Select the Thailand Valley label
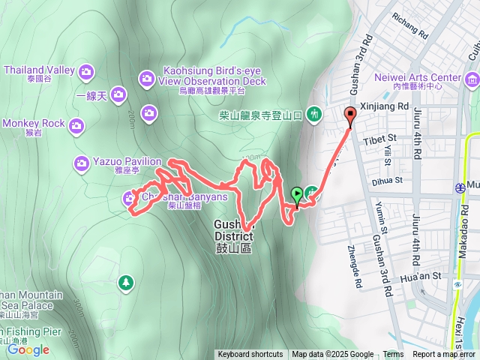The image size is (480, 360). [39, 70]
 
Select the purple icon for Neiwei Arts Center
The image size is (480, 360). [472, 79]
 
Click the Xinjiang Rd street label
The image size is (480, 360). [384, 106]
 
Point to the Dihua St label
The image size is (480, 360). [388, 180]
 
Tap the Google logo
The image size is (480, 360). [28, 349]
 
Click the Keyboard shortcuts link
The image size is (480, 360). [250, 355]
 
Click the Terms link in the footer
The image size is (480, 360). [393, 355]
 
